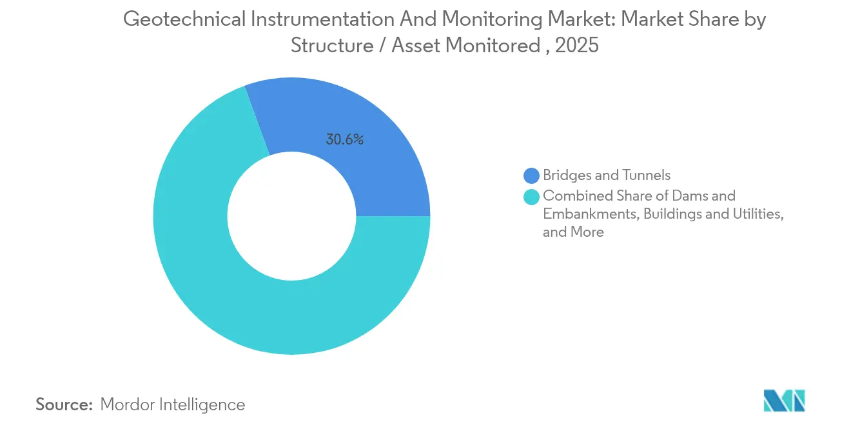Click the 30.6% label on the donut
pyautogui.click(x=344, y=139)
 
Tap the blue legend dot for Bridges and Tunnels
pyautogui.click(x=531, y=175)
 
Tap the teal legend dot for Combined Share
pyautogui.click(x=531, y=197)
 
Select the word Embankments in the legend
pyautogui.click(x=591, y=214)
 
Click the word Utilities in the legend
pyautogui.click(x=758, y=214)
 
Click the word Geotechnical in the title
pyautogui.click(x=184, y=19)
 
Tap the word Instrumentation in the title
pyautogui.click(x=322, y=19)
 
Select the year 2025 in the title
pyautogui.click(x=577, y=45)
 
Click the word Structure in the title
pyautogui.click(x=333, y=45)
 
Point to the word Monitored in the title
pyautogui.click(x=493, y=45)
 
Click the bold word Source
pyautogui.click(x=64, y=404)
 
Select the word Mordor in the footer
pyautogui.click(x=127, y=404)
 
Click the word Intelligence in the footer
pyautogui.click(x=202, y=405)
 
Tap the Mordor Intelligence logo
pyautogui.click(x=785, y=401)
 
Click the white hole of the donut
pyautogui.click(x=292, y=216)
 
